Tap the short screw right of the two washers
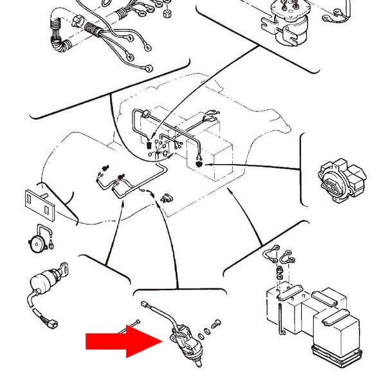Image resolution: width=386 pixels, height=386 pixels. [216, 322]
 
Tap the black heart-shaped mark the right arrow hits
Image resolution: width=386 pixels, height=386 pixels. [199, 165]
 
